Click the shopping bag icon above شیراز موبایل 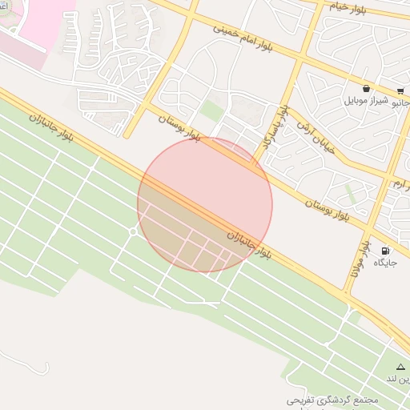[366, 88]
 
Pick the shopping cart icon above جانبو [400, 90]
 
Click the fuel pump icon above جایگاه [387, 250]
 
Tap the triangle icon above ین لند [400, 367]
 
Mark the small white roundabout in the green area [133, 231]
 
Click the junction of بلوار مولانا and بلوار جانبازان [348, 295]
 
